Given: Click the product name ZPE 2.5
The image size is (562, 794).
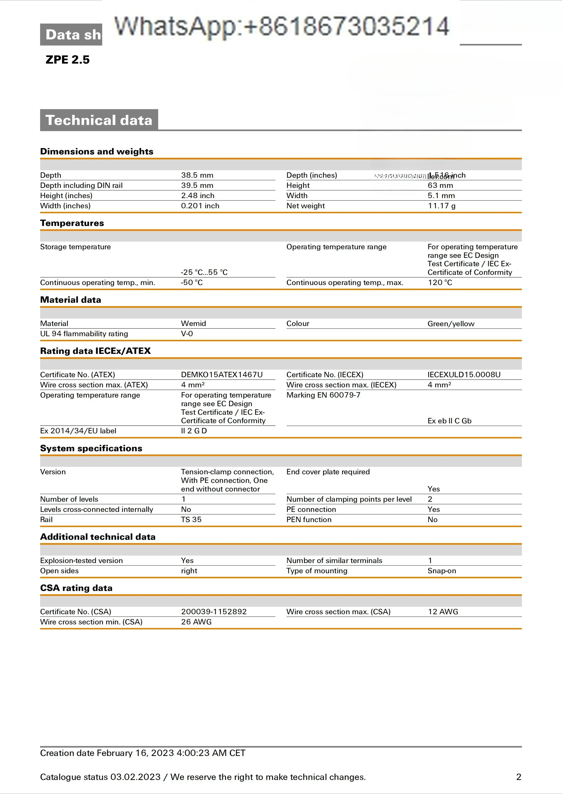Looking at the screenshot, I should (68, 60).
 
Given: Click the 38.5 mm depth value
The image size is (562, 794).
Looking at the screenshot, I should (197, 175).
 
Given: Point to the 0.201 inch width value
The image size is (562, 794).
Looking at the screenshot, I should (200, 206).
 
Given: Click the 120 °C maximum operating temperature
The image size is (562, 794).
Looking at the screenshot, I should (440, 283).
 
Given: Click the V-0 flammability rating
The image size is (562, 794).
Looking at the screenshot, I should (187, 334).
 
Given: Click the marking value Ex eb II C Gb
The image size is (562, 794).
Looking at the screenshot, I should (449, 421).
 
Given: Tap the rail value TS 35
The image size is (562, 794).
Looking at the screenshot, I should (191, 520).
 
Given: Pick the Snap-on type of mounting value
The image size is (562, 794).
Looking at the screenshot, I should (442, 571).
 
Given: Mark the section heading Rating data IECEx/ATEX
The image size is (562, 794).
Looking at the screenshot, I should (95, 351).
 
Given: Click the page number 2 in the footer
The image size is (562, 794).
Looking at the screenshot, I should (518, 777).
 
